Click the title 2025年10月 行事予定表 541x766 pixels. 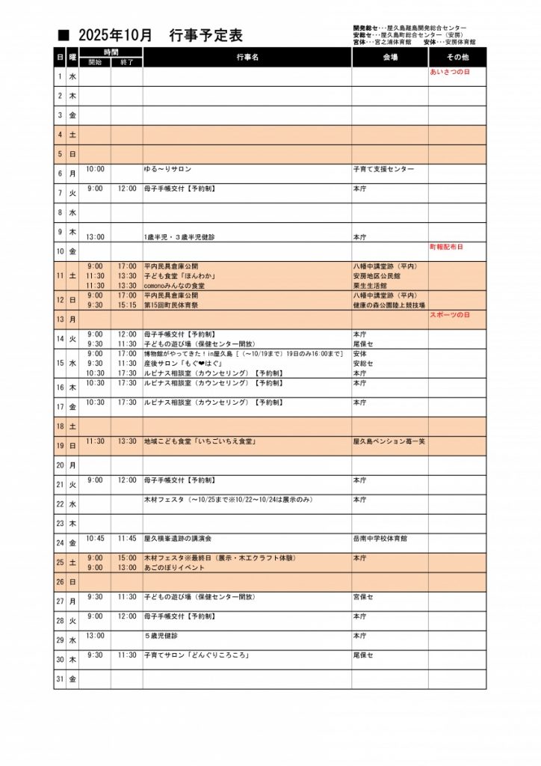(x=161, y=35)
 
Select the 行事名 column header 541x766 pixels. (x=247, y=58)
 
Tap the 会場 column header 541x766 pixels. (x=389, y=58)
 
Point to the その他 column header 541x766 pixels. (x=457, y=58)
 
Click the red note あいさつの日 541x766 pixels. (x=450, y=73)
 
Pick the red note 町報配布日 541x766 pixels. (x=446, y=247)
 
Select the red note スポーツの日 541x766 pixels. (x=450, y=315)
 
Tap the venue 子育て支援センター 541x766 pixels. (x=383, y=170)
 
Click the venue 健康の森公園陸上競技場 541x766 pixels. (x=389, y=305)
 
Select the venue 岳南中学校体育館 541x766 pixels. (x=380, y=538)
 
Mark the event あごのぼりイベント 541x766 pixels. (x=173, y=568)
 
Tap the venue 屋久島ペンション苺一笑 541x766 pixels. (x=389, y=441)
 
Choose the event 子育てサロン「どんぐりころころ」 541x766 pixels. (x=197, y=655)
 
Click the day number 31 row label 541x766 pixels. (x=60, y=679)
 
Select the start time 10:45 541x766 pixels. (x=95, y=538)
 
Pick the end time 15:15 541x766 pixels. (x=126, y=305)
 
